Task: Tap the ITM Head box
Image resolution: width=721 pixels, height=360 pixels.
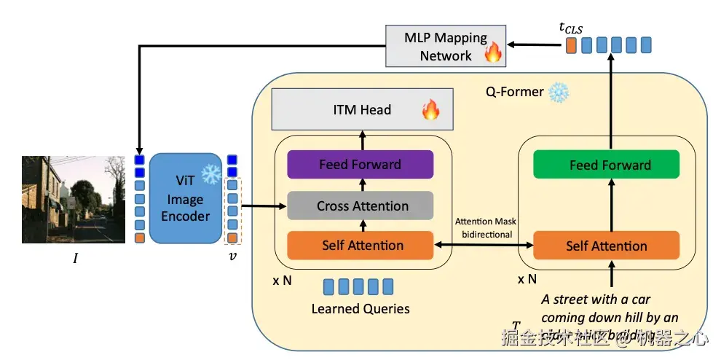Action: pyautogui.click(x=360, y=110)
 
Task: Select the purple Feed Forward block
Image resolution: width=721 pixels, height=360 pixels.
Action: pyautogui.click(x=360, y=165)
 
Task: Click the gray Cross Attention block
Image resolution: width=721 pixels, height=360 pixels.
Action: pyautogui.click(x=360, y=206)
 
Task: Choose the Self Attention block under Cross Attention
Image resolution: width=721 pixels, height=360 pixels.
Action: pyautogui.click(x=360, y=246)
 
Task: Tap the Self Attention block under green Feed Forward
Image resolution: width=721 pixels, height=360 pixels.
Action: pyautogui.click(x=606, y=246)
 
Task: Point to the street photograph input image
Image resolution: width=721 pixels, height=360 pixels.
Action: pyautogui.click(x=74, y=199)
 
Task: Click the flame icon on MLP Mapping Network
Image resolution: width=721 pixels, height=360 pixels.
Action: pyautogui.click(x=493, y=51)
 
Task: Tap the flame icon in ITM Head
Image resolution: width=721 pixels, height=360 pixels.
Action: pyautogui.click(x=430, y=110)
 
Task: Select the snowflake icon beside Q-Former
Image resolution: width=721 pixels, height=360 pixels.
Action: pyautogui.click(x=559, y=93)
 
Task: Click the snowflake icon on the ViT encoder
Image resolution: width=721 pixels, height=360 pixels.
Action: pyautogui.click(x=210, y=174)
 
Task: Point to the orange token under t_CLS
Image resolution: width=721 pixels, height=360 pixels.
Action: pyautogui.click(x=571, y=45)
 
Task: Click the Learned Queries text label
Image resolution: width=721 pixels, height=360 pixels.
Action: pyautogui.click(x=360, y=308)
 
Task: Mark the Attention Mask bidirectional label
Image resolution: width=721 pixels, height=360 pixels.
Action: pyautogui.click(x=485, y=228)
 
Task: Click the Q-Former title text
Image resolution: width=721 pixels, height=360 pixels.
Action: pyautogui.click(x=514, y=93)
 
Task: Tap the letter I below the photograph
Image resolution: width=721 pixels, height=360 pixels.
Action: pyautogui.click(x=75, y=259)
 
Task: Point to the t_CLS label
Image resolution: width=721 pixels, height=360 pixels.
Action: pyautogui.click(x=572, y=27)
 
